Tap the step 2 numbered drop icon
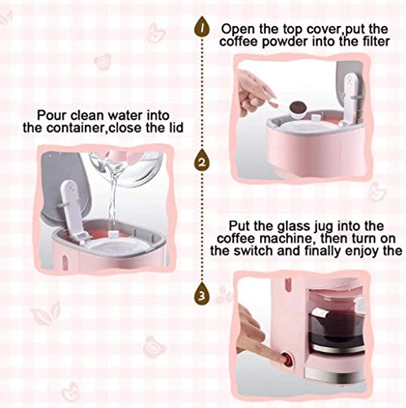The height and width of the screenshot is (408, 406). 201,162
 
